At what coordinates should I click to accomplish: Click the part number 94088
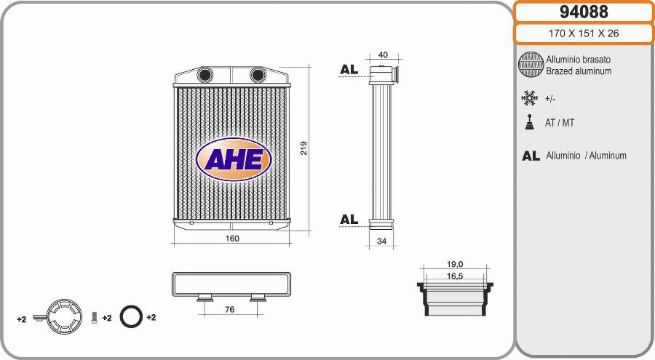coord(584,12)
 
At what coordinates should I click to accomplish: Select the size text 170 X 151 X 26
coord(584,33)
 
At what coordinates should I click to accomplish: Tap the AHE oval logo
coord(234,159)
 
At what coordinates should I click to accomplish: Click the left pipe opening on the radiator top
coord(205,75)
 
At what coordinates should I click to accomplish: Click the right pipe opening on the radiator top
coord(258,75)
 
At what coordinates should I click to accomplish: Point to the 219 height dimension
coord(303,148)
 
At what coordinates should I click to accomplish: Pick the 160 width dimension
coord(232,239)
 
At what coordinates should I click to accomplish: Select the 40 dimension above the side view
coord(383,55)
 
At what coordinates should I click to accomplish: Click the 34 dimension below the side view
coord(382,241)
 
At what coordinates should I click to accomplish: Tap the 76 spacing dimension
coord(230,310)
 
